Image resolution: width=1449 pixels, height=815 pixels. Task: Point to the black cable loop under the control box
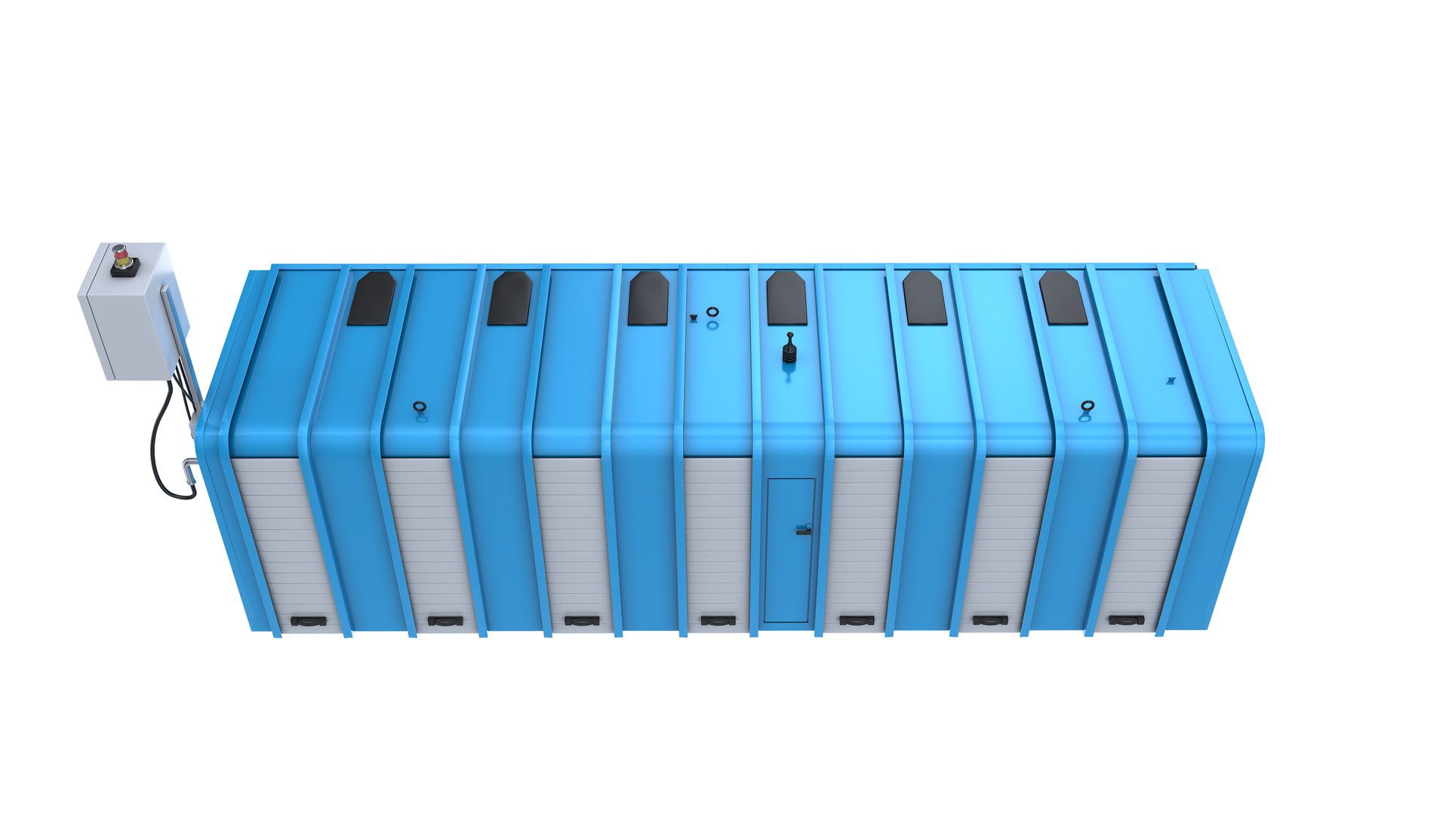(166, 453)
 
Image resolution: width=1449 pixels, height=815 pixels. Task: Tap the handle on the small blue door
(804, 530)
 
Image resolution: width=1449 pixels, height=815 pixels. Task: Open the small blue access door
(789, 551)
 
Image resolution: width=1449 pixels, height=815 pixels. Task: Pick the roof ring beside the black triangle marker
(712, 312)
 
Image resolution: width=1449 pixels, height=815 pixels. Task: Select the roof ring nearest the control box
(420, 407)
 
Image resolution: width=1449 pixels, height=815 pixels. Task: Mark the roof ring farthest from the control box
(1087, 407)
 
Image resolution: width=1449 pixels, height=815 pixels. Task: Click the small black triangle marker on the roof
(694, 318)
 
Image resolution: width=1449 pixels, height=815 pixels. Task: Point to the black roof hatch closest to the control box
(371, 299)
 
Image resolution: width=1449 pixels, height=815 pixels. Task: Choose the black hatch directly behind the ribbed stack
(786, 298)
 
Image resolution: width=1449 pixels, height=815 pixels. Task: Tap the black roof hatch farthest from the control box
(1063, 298)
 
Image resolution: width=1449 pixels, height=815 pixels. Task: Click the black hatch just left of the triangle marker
(648, 298)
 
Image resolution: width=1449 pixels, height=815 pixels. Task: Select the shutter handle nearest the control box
(309, 621)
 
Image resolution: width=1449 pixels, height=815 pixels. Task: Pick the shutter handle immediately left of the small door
(718, 620)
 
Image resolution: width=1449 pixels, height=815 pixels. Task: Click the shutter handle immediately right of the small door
(857, 620)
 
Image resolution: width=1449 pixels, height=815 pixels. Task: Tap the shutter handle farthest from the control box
(1126, 620)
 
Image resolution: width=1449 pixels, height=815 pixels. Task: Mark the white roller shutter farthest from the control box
(1147, 536)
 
